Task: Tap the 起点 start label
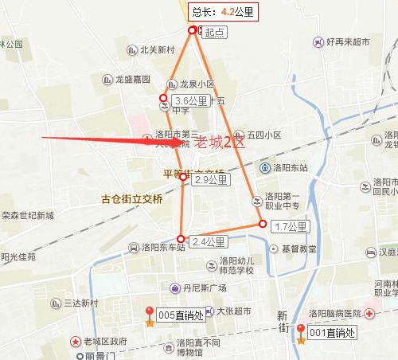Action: pos(215,33)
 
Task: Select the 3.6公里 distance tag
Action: pos(190,101)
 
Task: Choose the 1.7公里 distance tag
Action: pos(290,227)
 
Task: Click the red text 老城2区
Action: pos(220,143)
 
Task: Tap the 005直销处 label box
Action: pos(181,315)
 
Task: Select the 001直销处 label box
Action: pos(333,332)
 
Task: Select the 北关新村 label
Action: pos(157,49)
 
